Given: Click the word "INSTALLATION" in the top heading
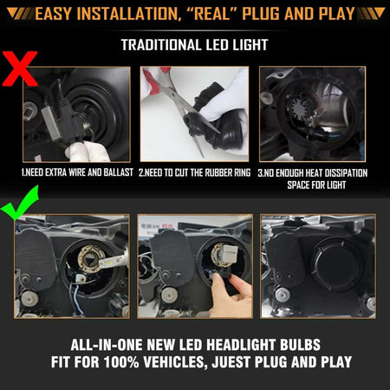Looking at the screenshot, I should coord(120,13).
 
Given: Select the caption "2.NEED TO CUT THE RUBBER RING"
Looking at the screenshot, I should coord(194,173).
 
